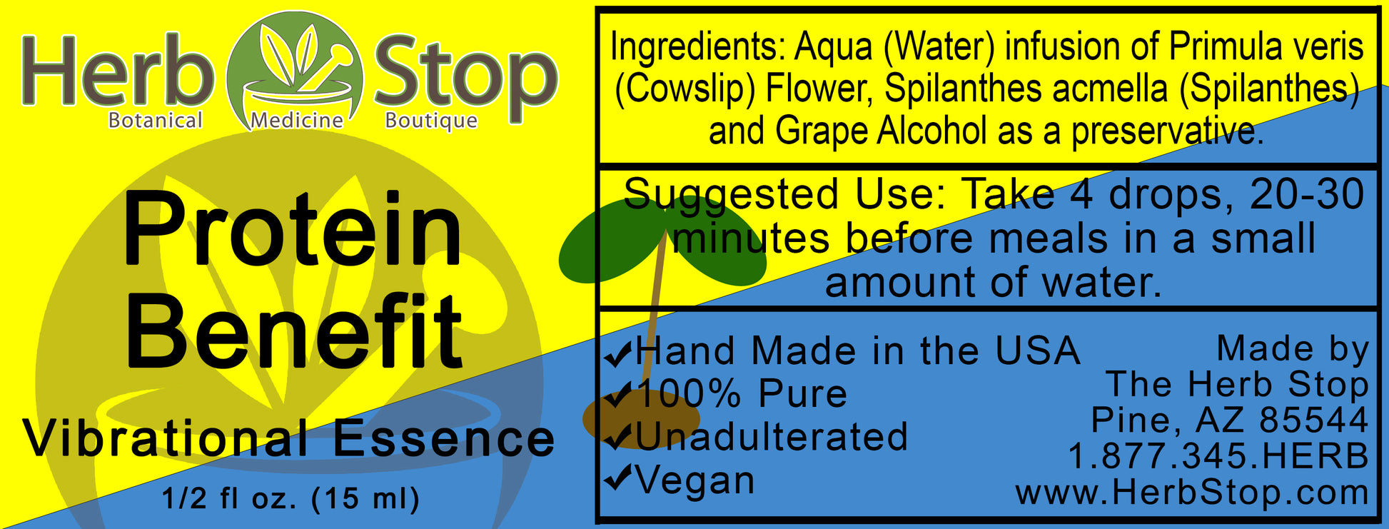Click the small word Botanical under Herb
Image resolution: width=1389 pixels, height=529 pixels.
tap(155, 120)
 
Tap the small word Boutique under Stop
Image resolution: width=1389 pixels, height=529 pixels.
tap(431, 121)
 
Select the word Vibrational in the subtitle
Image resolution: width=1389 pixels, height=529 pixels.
tap(166, 438)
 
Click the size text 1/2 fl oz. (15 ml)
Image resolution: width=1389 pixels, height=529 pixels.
tap(291, 498)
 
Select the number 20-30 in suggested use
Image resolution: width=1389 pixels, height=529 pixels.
tap(1306, 194)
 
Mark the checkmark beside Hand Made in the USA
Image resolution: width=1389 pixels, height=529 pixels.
tap(618, 353)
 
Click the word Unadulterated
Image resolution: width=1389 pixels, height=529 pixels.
tap(771, 437)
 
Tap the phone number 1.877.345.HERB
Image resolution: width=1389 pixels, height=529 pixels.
tap(1218, 456)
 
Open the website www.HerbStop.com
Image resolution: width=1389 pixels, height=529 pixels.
tap(1192, 493)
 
